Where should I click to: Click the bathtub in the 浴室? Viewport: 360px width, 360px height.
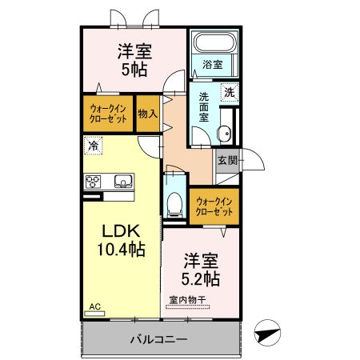point(214,42)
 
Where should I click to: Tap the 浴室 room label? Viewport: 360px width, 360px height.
point(213,65)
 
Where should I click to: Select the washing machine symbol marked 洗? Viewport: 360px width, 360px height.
point(230,93)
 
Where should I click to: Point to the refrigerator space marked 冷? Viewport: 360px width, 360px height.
point(94,146)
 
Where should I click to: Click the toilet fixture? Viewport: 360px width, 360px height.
point(174,204)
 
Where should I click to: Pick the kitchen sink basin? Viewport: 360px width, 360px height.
point(124,181)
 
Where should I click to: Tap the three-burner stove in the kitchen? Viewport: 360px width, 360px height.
point(93,182)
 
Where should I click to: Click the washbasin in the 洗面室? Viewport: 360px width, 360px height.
point(224,134)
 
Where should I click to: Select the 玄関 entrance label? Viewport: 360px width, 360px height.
point(227,161)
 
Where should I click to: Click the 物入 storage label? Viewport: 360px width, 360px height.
point(148,114)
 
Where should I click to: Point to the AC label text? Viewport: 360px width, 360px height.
point(95,306)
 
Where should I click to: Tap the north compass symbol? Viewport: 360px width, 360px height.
point(267,333)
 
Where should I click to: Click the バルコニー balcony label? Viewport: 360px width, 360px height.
point(159,339)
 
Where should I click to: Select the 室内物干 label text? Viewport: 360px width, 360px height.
point(187,300)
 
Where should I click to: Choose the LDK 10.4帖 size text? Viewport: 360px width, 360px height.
point(122,241)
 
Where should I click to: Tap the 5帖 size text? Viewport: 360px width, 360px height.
point(134,70)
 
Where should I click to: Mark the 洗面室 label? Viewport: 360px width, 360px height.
point(204,107)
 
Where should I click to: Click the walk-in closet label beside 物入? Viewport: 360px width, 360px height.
point(108,114)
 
